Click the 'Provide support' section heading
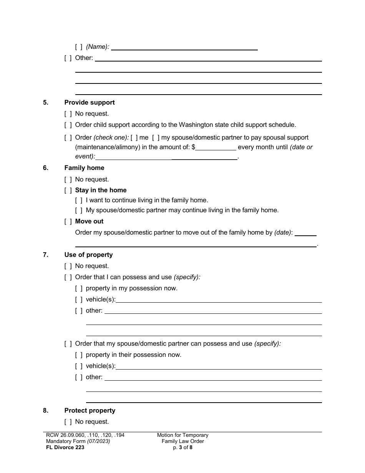pyautogui.click(x=90, y=102)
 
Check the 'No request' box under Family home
pyautogui.click(x=68, y=179)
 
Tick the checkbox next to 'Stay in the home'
pyautogui.click(x=68, y=190)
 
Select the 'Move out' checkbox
pyautogui.click(x=68, y=221)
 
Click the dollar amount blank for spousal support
pyautogui.click(x=216, y=147)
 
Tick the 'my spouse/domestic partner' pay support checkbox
pyautogui.click(x=156, y=137)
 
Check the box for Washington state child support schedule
pyautogui.click(x=68, y=125)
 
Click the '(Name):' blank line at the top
pyautogui.click(x=184, y=47)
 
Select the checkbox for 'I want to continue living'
pyautogui.click(x=79, y=200)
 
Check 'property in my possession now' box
pyautogui.click(x=79, y=288)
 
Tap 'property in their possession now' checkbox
pyautogui.click(x=79, y=355)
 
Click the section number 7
pyautogui.click(x=45, y=255)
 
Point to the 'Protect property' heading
pyautogui.click(x=90, y=410)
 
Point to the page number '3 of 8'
pyautogui.click(x=183, y=447)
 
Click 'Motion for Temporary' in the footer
pyautogui.click(x=182, y=435)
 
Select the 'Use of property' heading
pyautogui.click(x=88, y=255)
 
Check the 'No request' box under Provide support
pyautogui.click(x=68, y=113)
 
